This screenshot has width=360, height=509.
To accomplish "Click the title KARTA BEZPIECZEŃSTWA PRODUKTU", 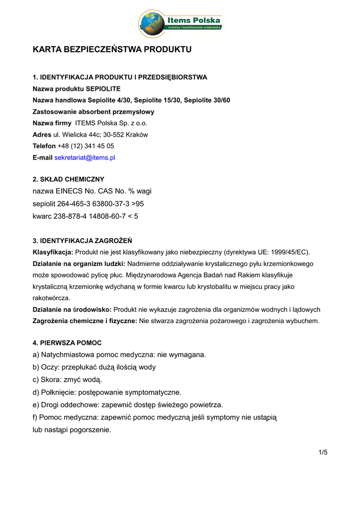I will tap(112, 50).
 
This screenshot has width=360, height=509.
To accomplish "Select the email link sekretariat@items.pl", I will tap(85, 158).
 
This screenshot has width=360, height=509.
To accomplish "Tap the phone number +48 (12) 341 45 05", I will tap(86, 146).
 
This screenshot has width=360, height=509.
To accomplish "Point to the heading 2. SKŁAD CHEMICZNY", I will tap(69, 179).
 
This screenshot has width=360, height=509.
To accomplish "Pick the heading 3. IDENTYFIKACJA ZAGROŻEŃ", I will tap(82, 241).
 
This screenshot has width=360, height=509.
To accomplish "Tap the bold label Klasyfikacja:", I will tap(53, 252).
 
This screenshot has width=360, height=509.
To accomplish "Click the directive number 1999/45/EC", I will tap(286, 252).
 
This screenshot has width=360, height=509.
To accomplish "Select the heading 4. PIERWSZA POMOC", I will tap(67, 343).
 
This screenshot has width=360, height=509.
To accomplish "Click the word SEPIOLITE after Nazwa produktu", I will tap(103, 89).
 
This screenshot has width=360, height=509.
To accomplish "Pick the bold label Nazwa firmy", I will tap(52, 123).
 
